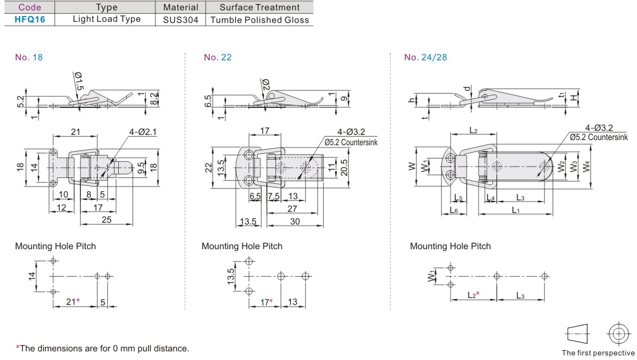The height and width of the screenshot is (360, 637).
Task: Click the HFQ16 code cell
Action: (30, 20)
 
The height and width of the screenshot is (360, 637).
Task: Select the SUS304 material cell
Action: (180, 20)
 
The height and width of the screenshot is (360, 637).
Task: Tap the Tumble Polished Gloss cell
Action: (259, 20)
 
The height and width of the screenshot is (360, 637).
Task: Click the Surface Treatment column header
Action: (259, 7)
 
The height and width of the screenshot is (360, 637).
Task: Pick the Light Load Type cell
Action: (107, 19)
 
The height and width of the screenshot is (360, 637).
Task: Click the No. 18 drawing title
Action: (29, 57)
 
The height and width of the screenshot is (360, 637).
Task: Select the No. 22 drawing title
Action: (217, 57)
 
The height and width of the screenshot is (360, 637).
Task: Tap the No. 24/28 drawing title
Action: (425, 57)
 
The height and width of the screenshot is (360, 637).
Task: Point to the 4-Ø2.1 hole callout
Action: (142, 132)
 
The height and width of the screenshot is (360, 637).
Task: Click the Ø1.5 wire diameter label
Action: (79, 82)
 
